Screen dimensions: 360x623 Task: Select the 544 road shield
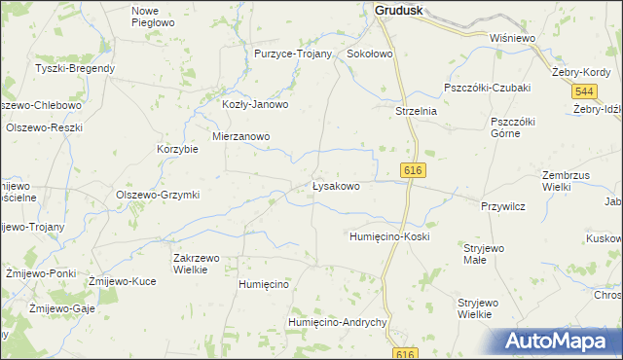(x=584, y=90)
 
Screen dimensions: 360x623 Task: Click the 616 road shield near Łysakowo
(x=412, y=170)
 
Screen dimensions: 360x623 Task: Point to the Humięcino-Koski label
(x=389, y=236)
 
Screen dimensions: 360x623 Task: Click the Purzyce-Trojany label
(x=293, y=54)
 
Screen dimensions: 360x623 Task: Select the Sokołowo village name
(x=370, y=54)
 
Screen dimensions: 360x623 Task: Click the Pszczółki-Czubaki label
(x=487, y=88)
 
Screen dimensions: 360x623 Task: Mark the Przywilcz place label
(x=503, y=205)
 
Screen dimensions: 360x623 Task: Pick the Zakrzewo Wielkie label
(x=197, y=264)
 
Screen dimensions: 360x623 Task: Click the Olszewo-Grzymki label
(x=158, y=195)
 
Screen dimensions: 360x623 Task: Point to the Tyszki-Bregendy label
(x=75, y=68)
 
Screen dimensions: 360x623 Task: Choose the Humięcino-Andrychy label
(x=339, y=322)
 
